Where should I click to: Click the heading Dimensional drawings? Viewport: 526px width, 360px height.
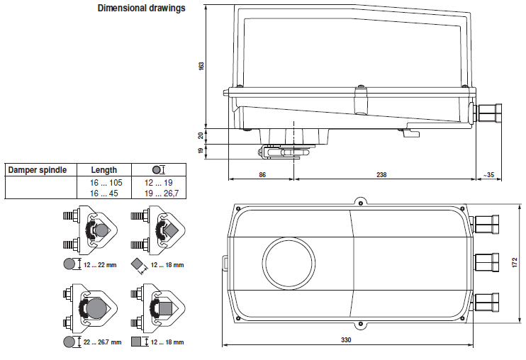click(x=140, y=9)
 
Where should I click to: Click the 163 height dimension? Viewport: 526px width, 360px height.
click(x=201, y=65)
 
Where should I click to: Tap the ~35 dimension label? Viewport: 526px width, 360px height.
click(x=488, y=174)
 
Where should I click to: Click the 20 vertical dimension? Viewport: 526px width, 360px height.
click(x=201, y=135)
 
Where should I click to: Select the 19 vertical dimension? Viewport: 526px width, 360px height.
click(x=201, y=150)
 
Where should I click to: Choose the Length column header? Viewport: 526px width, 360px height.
click(x=103, y=170)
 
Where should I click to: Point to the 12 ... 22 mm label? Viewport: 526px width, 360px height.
click(x=99, y=264)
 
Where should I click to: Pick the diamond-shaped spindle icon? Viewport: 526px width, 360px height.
click(x=138, y=264)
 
